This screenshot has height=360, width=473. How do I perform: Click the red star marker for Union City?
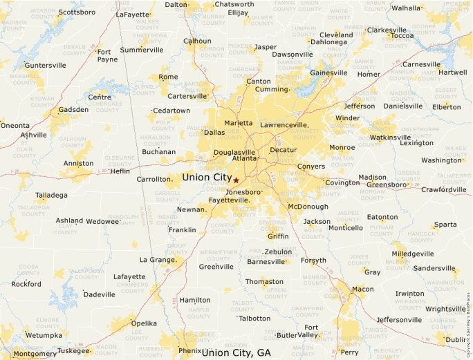[x=236, y=180]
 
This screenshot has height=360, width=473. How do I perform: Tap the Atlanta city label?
[x=244, y=158]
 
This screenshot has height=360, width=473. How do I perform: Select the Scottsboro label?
[x=76, y=12]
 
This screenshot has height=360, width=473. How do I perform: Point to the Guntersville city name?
[x=45, y=65]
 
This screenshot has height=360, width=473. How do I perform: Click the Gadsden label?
[x=73, y=109]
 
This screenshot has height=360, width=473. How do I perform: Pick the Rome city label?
[x=168, y=77]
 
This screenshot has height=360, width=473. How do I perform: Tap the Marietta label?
[x=239, y=123]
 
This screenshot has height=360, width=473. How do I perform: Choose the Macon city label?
[x=362, y=289]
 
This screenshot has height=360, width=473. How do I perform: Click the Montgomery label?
[x=35, y=353]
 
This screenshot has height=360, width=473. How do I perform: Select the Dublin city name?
[x=456, y=339]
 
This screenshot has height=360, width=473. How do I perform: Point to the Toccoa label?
[x=402, y=36]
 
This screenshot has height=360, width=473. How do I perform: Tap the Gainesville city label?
[x=328, y=73]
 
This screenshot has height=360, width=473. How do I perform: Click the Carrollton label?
[x=153, y=179]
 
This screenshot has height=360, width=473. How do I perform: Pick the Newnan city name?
[x=191, y=209]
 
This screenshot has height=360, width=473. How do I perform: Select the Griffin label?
[x=278, y=236]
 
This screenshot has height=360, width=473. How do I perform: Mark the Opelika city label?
[x=144, y=323]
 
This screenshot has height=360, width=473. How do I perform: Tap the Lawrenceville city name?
[x=284, y=125]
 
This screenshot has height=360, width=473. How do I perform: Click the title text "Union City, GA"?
[x=236, y=352]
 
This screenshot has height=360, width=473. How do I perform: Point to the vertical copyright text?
[x=468, y=308]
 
